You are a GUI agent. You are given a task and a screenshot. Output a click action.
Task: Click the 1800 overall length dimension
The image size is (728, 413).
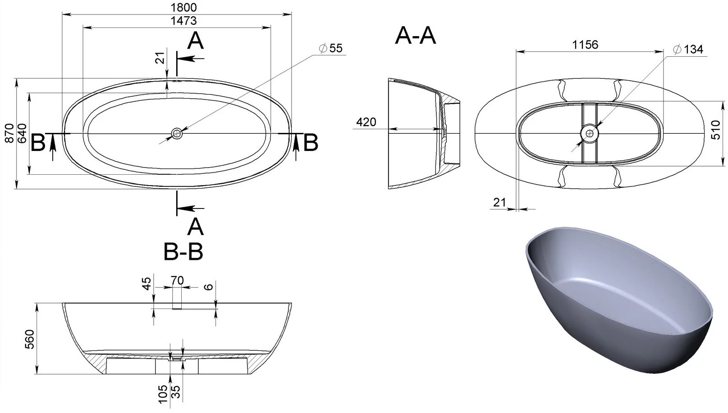pos(184,7)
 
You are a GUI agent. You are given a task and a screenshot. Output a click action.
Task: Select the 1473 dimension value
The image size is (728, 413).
pos(184,21)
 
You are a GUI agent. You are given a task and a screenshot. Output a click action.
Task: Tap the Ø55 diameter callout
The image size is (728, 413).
pos(331,48)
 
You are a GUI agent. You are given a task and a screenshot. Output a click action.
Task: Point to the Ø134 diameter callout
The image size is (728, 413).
pos(688,50)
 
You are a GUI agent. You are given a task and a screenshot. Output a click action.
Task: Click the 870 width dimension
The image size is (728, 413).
pos(9,133)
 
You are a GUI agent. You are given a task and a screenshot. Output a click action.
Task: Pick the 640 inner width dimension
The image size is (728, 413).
pos(22,133)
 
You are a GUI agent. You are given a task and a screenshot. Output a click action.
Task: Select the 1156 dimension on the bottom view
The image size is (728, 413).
pos(585,45)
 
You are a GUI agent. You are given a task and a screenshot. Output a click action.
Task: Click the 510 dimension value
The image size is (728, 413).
pos(716,130)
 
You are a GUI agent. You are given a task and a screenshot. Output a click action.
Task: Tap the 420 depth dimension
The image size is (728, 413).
pos(366,122)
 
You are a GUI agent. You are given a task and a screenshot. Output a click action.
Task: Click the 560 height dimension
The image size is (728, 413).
pos(30,339)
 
